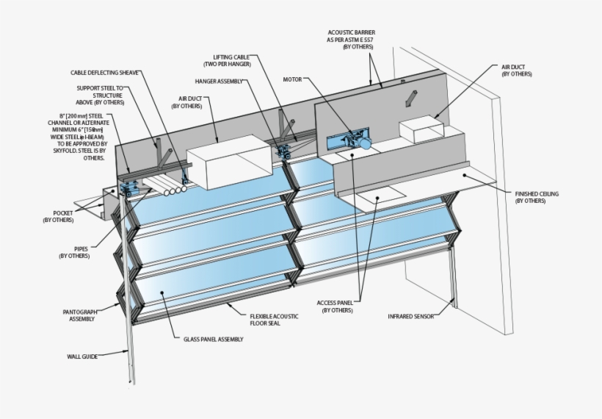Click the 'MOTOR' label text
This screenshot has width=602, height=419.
point(293,79)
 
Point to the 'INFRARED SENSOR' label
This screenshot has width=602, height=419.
point(410,317)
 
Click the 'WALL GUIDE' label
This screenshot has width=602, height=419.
point(83,356)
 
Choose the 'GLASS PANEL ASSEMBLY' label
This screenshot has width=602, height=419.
point(213,339)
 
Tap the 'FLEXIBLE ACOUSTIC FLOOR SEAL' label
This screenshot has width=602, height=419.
point(275,317)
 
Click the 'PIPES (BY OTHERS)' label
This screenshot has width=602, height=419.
point(72,252)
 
